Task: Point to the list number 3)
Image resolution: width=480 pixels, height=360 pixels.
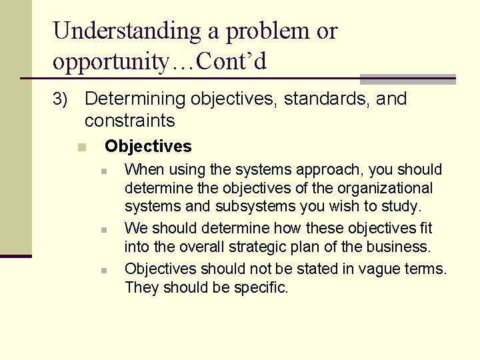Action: [61, 99]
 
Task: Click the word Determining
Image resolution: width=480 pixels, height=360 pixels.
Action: [135, 99]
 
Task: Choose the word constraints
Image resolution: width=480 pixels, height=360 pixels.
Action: [129, 121]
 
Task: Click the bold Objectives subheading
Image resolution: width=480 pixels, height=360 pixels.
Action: [148, 146]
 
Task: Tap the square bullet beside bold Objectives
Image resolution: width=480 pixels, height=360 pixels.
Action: [81, 147]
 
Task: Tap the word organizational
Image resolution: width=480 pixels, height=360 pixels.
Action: [387, 189]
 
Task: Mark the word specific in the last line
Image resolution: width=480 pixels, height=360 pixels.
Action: [261, 288]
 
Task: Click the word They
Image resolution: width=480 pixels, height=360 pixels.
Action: [141, 288]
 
